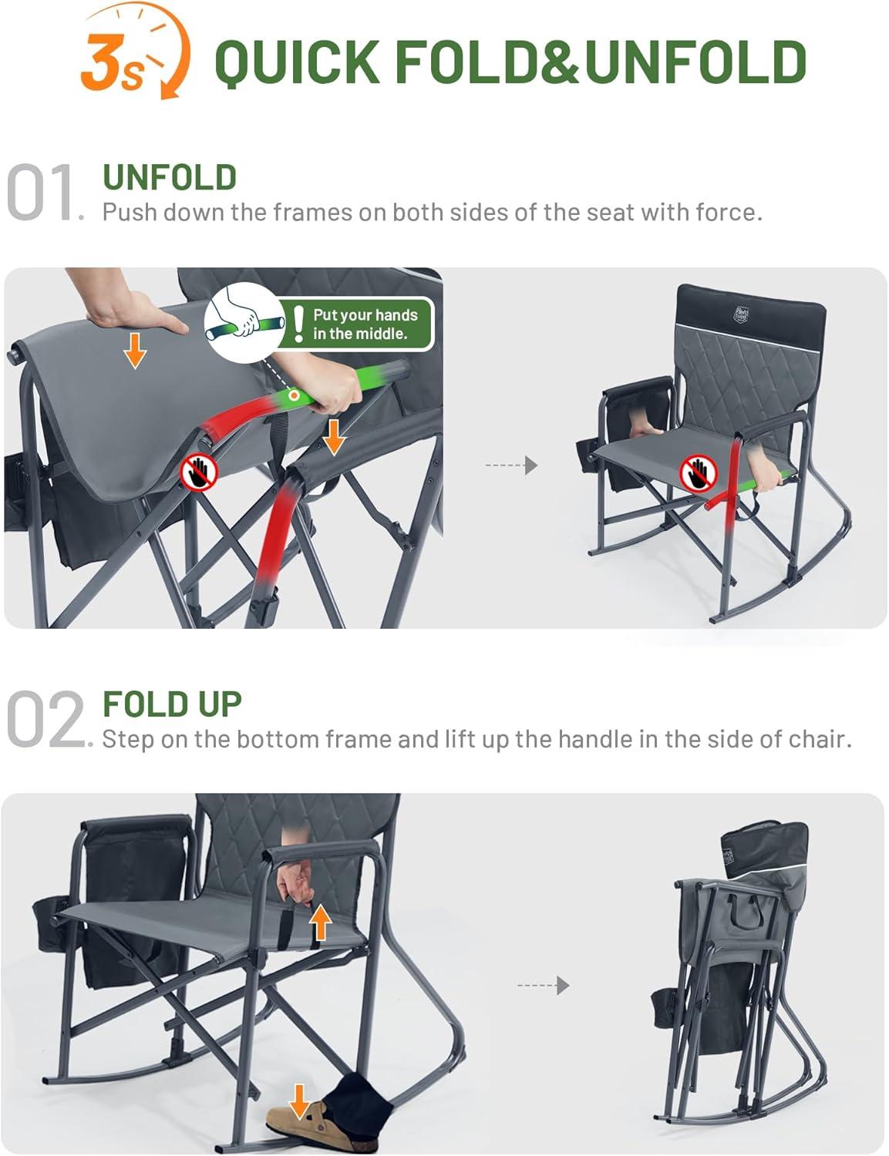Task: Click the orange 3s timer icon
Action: (x=133, y=52)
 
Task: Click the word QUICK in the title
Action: (x=298, y=62)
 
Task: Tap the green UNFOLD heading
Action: (x=170, y=177)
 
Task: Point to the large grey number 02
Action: (x=45, y=718)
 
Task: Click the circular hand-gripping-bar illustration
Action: (x=245, y=322)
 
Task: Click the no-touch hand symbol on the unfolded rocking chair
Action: (x=699, y=473)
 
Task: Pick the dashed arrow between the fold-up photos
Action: (x=543, y=985)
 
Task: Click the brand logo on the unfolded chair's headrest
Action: (x=739, y=314)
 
